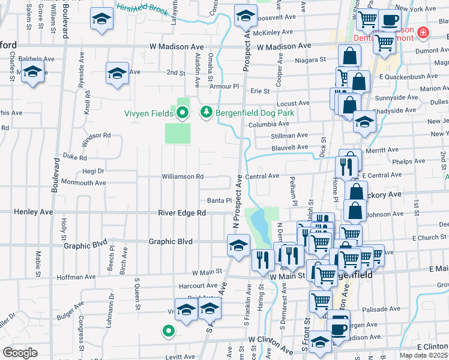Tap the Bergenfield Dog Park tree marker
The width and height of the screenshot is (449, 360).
[x=206, y=112]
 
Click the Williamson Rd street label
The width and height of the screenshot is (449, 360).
[x=182, y=176]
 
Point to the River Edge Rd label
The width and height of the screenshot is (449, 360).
[x=182, y=213]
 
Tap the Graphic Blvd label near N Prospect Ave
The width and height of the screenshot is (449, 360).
[x=170, y=242]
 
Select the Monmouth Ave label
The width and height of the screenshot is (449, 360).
[x=83, y=182]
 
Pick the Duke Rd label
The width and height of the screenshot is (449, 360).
[x=75, y=158]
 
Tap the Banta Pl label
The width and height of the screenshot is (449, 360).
[x=220, y=200]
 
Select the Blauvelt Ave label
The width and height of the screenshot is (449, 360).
[x=289, y=147]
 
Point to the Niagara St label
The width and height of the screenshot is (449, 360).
[x=313, y=59]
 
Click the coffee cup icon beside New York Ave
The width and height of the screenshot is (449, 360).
[x=390, y=20]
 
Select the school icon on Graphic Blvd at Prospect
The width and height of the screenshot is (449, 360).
[x=238, y=246]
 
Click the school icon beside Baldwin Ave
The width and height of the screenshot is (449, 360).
[x=32, y=73]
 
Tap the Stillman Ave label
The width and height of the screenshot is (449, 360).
[x=289, y=136]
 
